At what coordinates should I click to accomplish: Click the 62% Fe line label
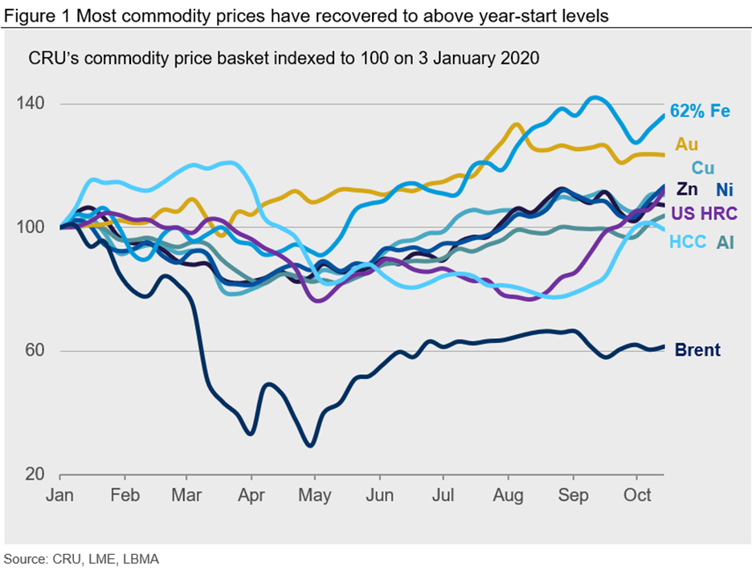(700, 111)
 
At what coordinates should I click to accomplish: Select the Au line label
(687, 145)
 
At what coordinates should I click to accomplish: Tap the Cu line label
(703, 168)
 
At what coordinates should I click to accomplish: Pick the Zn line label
(687, 190)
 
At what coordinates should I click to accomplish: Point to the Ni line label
(724, 190)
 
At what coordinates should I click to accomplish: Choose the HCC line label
(688, 241)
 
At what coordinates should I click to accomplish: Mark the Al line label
(725, 241)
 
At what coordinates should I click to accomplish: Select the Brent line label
(697, 350)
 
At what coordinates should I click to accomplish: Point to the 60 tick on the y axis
(35, 350)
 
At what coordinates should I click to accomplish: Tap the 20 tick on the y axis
(35, 474)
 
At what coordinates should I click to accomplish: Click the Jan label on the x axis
(61, 495)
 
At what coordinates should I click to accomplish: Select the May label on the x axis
(316, 495)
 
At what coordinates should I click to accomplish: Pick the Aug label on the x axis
(508, 495)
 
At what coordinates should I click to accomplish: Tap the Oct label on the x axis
(637, 495)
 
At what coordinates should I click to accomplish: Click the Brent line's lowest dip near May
(309, 444)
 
